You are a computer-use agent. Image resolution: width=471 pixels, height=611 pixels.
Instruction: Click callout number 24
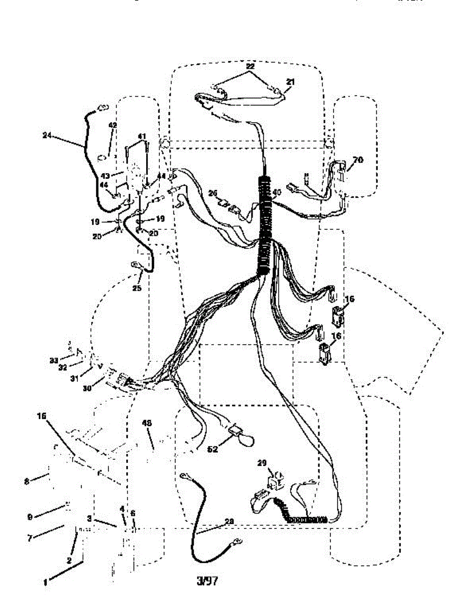[47, 135]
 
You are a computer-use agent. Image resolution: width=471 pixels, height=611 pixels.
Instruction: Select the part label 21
[290, 81]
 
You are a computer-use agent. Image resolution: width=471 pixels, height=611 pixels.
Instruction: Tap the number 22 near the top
[250, 67]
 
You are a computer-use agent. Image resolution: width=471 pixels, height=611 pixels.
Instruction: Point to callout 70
[358, 159]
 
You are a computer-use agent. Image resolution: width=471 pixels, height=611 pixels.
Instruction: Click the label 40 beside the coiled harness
[276, 192]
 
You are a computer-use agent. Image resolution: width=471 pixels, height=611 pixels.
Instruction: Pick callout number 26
[213, 193]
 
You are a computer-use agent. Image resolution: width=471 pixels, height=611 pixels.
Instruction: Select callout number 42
[113, 125]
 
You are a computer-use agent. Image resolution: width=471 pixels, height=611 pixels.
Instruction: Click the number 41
[142, 136]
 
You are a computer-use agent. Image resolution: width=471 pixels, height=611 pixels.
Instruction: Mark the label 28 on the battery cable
[230, 521]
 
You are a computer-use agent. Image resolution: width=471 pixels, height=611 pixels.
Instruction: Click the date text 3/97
[207, 581]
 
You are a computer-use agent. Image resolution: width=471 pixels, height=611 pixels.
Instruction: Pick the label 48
[148, 423]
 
